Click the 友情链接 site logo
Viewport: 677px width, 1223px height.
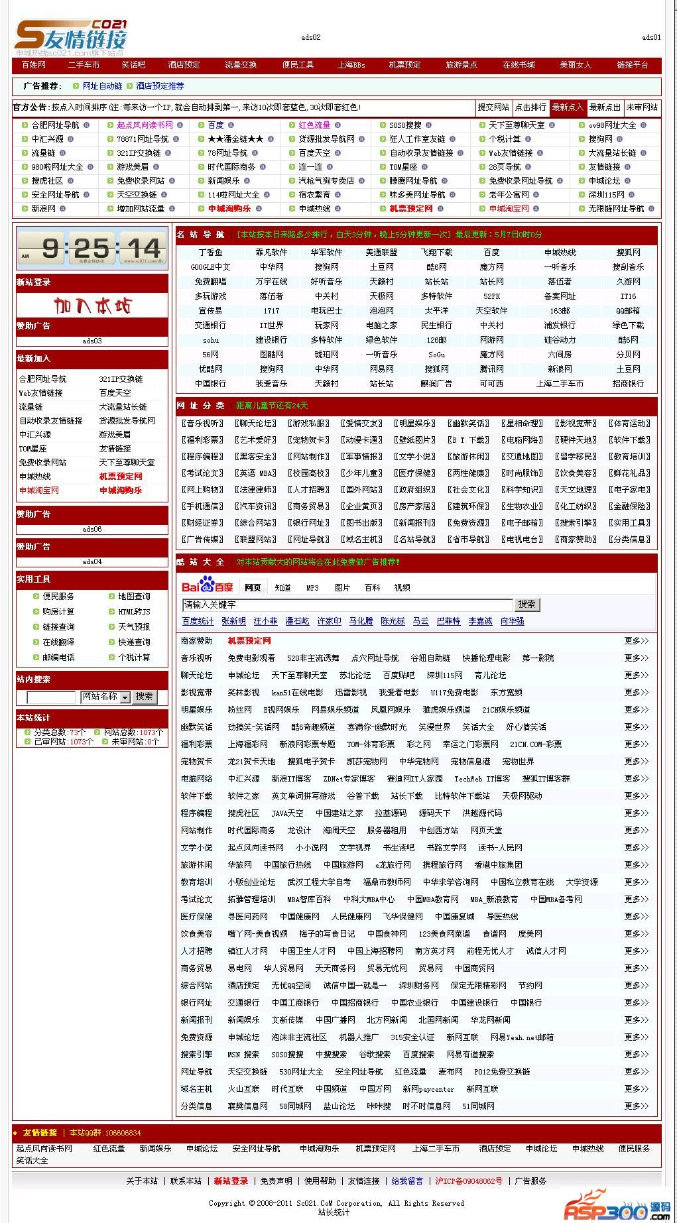click(71, 37)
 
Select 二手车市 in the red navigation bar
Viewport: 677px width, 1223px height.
click(84, 65)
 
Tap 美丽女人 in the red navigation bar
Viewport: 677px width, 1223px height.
click(575, 65)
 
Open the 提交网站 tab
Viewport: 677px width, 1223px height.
click(493, 107)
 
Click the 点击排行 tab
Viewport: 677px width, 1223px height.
click(530, 107)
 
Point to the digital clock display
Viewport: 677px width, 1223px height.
click(92, 249)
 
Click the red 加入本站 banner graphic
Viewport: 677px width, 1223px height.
click(92, 306)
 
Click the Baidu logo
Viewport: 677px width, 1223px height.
click(207, 587)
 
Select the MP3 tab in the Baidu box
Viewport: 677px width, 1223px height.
click(312, 588)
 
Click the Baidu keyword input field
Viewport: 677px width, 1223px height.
click(347, 605)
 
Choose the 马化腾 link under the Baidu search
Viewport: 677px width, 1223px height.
click(361, 621)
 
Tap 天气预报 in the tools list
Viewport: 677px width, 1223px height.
click(134, 626)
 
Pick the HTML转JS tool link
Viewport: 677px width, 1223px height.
click(134, 611)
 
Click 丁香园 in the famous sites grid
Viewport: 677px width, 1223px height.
click(210, 253)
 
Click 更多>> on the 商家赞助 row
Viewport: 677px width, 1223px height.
click(636, 641)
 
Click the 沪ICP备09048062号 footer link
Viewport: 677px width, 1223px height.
click(469, 1181)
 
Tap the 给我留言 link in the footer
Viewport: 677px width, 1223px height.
click(407, 1181)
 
